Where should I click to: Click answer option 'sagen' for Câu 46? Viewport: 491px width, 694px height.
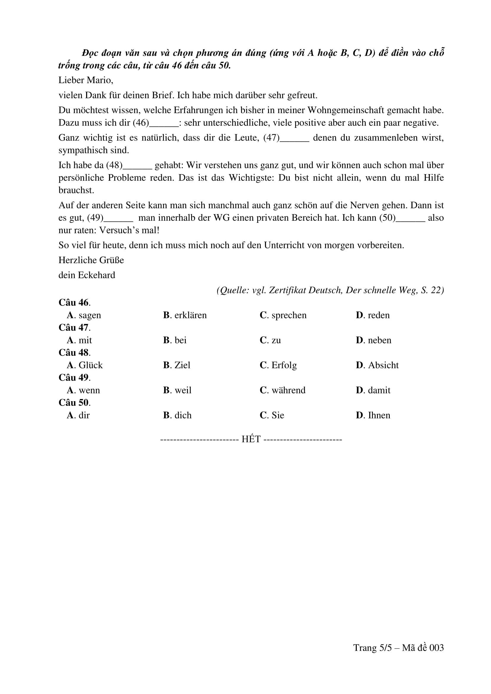tap(89, 315)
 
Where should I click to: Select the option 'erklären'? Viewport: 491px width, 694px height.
tap(190, 315)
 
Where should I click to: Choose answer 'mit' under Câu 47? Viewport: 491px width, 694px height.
tap(85, 340)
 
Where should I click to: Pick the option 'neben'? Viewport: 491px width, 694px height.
tap(379, 340)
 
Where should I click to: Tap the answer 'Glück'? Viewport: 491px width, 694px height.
tap(91, 365)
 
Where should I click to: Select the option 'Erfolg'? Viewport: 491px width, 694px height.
tap(284, 365)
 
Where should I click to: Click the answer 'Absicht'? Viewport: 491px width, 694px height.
tap(383, 365)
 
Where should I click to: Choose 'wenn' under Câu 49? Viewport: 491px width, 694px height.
tap(89, 390)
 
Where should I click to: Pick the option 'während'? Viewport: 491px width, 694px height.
tap(289, 390)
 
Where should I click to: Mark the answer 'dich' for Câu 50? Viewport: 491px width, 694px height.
tap(183, 415)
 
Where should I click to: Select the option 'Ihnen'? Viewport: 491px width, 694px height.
tap(379, 415)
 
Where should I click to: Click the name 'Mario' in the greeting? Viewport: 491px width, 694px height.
tap(100, 80)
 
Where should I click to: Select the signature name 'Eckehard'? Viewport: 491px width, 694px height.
tap(96, 275)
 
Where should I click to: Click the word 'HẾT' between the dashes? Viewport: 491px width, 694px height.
tap(251, 439)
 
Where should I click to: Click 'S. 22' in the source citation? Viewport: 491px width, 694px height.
tap(432, 290)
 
